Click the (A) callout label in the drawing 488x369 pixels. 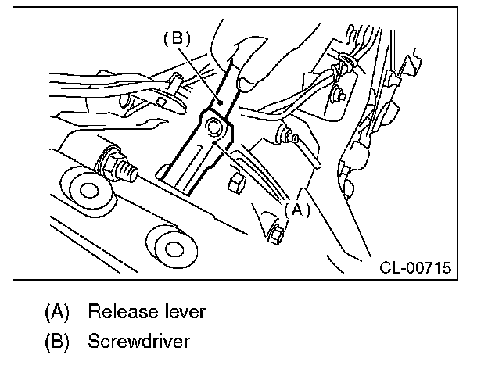click(x=297, y=210)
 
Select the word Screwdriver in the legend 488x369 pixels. click(x=138, y=342)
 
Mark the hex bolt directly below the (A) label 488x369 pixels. click(x=276, y=232)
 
